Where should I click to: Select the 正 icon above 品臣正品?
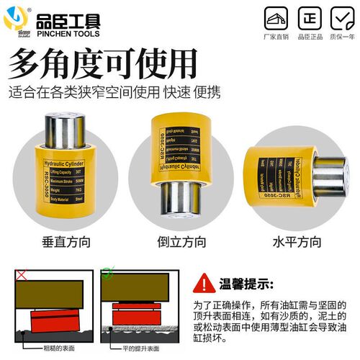310,17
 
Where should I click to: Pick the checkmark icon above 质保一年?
342,17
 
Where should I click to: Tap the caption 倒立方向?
179,243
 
